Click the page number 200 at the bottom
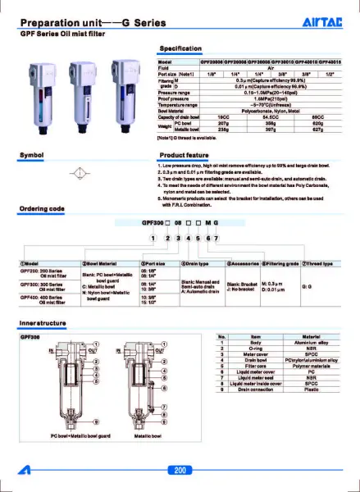coord(180,470)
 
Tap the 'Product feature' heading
coord(181,154)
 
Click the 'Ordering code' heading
coord(41,208)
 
